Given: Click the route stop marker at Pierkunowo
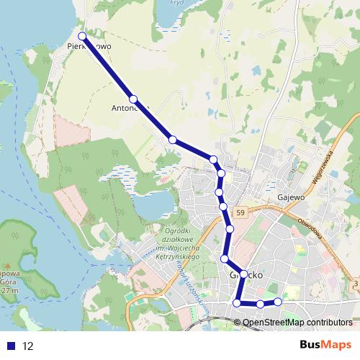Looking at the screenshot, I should [x=82, y=36].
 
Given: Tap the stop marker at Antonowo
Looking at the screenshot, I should [x=133, y=99].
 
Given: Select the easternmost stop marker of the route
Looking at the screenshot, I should [x=278, y=302].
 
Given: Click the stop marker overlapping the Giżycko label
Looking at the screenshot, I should [x=244, y=274].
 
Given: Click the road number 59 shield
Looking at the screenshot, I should [x=240, y=213].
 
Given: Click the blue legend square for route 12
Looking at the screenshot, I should [x=9, y=346].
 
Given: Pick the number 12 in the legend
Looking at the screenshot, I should [x=28, y=346].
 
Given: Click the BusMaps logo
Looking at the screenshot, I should [x=325, y=346].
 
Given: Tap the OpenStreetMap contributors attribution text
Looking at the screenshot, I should [x=297, y=323].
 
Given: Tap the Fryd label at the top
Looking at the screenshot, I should [x=176, y=3].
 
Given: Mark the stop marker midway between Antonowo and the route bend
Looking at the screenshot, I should [x=173, y=140].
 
